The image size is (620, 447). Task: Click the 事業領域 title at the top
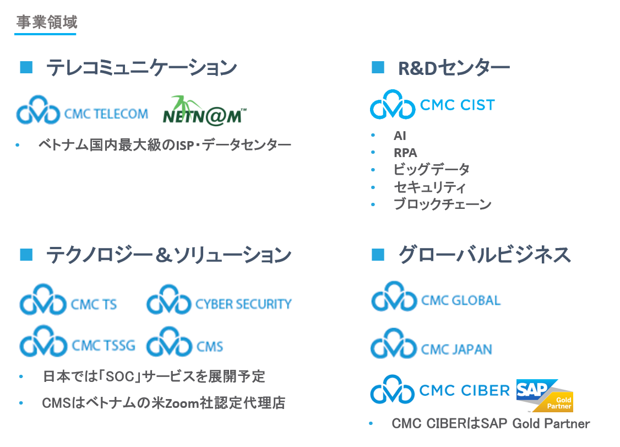47,22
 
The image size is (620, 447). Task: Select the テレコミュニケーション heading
142,67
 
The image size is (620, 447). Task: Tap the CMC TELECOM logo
82,110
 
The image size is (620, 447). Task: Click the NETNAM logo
204,111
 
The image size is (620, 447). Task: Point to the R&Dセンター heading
454,68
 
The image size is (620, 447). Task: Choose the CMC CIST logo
432,105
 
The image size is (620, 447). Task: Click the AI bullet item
400,136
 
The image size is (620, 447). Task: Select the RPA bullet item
405,153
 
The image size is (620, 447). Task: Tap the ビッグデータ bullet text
432,169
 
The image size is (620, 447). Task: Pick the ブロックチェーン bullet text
443,204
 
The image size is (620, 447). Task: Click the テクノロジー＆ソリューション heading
169,255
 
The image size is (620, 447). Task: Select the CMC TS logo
68,300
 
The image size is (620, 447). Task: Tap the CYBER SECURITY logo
219,300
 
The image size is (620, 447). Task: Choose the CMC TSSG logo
78,342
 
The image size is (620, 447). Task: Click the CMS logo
184,342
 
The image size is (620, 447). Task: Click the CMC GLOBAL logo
436,297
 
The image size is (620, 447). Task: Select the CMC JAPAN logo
431,344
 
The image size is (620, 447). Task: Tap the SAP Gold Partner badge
545,396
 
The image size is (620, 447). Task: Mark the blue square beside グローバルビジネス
378,255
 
